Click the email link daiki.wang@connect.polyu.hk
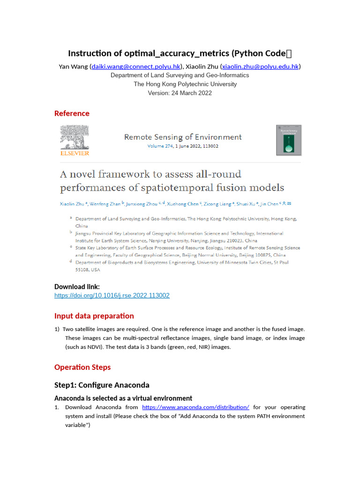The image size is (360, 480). [x=136, y=67]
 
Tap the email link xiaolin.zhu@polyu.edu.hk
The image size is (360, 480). [x=260, y=67]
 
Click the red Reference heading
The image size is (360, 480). [x=72, y=113]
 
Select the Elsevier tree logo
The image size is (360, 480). [x=74, y=140]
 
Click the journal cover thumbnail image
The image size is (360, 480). [x=288, y=140]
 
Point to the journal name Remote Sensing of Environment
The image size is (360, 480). [x=183, y=137]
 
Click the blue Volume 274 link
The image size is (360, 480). [x=160, y=146]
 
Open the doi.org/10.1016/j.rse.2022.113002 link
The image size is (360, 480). [x=112, y=295]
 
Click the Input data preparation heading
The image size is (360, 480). [x=94, y=316]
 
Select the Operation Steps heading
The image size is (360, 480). [x=82, y=367]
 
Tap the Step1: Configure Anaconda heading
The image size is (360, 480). [x=102, y=385]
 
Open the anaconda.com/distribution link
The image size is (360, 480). [x=195, y=407]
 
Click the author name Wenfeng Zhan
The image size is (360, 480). [x=106, y=204]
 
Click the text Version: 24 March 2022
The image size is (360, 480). [x=180, y=93]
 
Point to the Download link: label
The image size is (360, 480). [x=77, y=286]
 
